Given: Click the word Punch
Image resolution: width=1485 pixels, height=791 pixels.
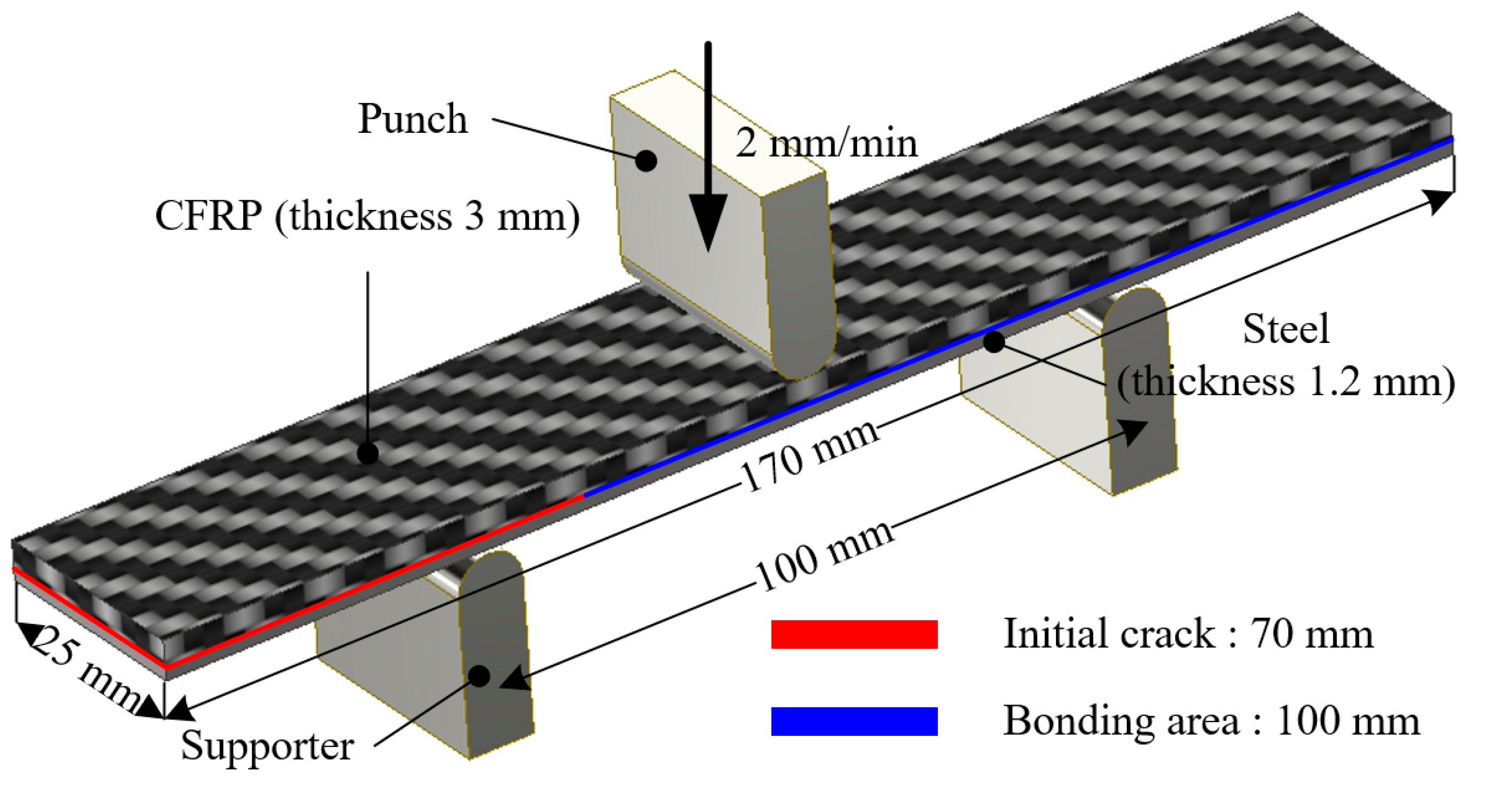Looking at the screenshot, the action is tap(413, 119).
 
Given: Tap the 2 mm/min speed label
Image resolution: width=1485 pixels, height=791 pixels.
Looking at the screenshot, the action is tap(825, 143).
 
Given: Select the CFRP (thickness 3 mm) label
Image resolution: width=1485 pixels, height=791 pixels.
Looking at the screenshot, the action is tap(367, 217).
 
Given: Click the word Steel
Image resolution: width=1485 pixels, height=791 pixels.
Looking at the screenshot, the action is tap(1285, 330).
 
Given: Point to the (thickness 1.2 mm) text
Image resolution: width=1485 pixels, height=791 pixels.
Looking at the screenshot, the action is tap(1285, 382).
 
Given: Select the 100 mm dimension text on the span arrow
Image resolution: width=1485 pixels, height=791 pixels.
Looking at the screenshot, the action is tap(824, 556).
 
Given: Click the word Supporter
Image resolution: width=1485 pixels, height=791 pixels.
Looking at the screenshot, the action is tap(267, 745).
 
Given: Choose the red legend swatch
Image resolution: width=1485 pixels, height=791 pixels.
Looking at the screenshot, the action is tap(854, 634).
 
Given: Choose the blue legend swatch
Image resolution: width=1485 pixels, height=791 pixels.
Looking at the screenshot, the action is tap(854, 721).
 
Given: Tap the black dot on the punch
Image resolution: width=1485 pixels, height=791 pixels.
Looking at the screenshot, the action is tap(646, 161).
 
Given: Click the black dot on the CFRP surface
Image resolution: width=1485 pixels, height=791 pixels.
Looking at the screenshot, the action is tap(368, 453).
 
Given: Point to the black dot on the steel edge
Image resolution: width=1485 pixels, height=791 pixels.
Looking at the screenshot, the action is tap(994, 342).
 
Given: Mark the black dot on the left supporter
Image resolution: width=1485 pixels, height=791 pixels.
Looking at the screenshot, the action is tap(479, 675).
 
